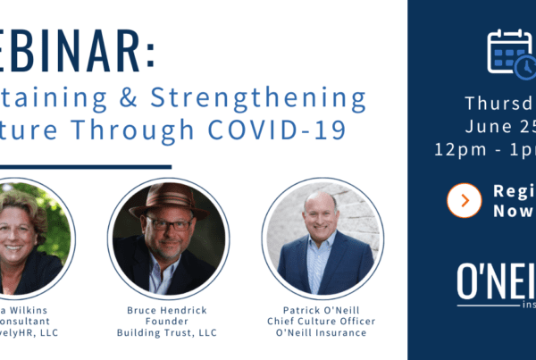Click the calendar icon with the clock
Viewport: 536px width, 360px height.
(x=510, y=53)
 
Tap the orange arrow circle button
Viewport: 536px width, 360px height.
(x=464, y=200)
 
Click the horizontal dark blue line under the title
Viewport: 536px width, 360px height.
(x=85, y=166)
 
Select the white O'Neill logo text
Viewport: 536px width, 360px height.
(x=497, y=282)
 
